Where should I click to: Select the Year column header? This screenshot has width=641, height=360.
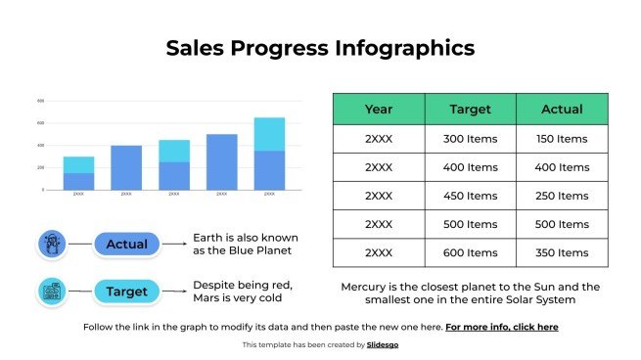[x=379, y=110]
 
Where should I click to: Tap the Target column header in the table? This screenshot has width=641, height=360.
[x=470, y=110]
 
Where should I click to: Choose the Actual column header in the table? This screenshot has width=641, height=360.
[x=562, y=110]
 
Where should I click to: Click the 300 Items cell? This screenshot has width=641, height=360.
[x=470, y=139]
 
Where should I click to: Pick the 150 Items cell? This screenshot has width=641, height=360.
[x=562, y=139]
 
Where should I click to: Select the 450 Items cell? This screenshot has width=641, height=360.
[x=470, y=196]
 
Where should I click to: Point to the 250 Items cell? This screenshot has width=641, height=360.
[x=562, y=196]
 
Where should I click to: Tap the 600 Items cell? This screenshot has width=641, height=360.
[x=470, y=252]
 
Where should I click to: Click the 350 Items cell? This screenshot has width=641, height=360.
[x=562, y=252]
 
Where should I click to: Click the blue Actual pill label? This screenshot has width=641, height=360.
[x=126, y=244]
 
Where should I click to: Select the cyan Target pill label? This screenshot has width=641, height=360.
[x=126, y=292]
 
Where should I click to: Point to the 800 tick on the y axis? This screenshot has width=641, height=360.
[x=40, y=101]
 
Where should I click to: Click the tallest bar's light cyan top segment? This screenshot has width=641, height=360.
[x=269, y=134]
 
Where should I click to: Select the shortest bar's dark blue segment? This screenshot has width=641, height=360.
[x=78, y=181]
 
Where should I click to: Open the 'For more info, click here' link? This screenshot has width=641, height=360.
[x=502, y=327]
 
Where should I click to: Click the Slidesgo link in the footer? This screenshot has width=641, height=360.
[x=382, y=345]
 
